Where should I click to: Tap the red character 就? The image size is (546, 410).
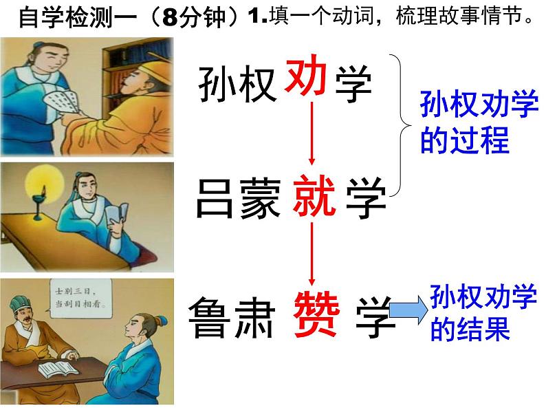point(314,195)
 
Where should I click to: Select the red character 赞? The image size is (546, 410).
point(317,316)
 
